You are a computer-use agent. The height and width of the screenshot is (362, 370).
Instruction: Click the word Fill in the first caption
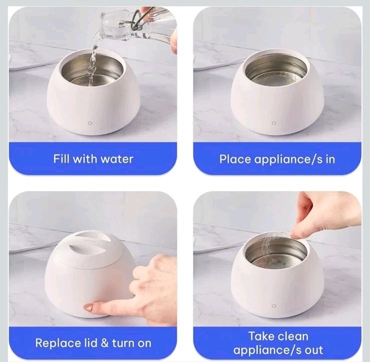(x=61, y=159)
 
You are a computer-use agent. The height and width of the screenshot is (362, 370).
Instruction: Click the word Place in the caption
(x=235, y=159)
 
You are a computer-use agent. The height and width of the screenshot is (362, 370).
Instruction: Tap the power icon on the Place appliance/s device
(x=274, y=123)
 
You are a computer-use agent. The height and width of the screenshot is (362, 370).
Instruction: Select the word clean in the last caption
(x=293, y=336)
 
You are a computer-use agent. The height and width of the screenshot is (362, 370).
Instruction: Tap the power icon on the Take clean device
(x=274, y=306)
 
